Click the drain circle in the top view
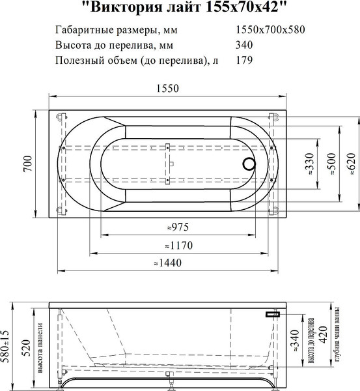250,166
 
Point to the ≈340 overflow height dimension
298,341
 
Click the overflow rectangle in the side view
272,313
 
